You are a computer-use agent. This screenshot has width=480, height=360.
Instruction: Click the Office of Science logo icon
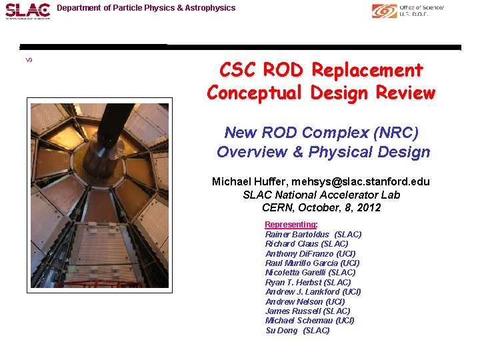384,11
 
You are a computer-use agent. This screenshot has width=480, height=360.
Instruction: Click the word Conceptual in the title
255,93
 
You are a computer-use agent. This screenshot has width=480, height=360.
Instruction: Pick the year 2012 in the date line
368,207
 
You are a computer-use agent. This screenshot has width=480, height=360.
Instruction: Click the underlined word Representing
291,225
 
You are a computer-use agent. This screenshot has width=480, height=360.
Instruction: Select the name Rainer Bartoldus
297,234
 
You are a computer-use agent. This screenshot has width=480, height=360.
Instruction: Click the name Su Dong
281,330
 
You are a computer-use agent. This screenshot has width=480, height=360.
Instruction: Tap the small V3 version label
29,60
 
